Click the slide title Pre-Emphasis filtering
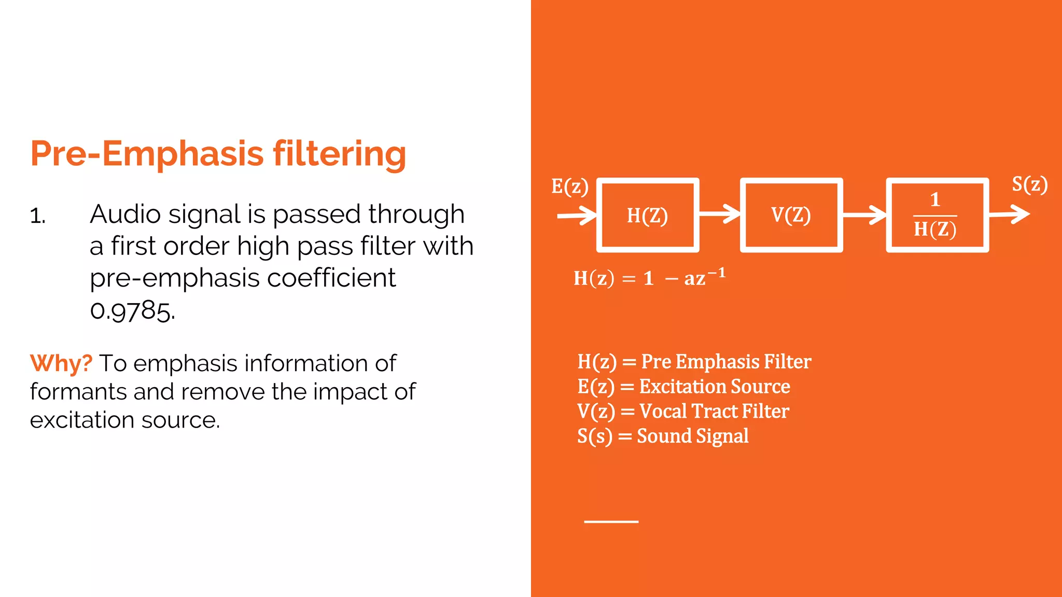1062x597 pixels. click(x=218, y=154)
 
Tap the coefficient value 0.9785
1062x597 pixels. click(x=132, y=311)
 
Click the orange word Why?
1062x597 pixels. click(x=61, y=363)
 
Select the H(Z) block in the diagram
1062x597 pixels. click(x=648, y=215)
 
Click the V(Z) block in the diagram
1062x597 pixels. click(x=791, y=215)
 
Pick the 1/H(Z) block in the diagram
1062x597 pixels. click(x=937, y=215)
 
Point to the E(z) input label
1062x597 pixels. click(x=569, y=187)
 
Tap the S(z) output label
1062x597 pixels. click(x=1030, y=184)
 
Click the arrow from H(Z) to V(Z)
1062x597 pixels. click(x=720, y=214)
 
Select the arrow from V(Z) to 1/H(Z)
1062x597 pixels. click(x=864, y=215)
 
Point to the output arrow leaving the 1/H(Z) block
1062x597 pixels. click(x=1009, y=215)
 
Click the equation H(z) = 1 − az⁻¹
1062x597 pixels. click(x=649, y=278)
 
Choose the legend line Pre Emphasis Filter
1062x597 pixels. click(x=694, y=362)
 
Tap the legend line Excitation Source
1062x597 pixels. click(x=683, y=387)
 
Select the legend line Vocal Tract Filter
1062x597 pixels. click(x=683, y=411)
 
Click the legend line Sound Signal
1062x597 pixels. click(x=663, y=436)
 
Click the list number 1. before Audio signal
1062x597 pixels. click(x=38, y=216)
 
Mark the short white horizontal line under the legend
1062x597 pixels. click(x=611, y=521)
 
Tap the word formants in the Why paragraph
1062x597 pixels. click(x=78, y=392)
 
